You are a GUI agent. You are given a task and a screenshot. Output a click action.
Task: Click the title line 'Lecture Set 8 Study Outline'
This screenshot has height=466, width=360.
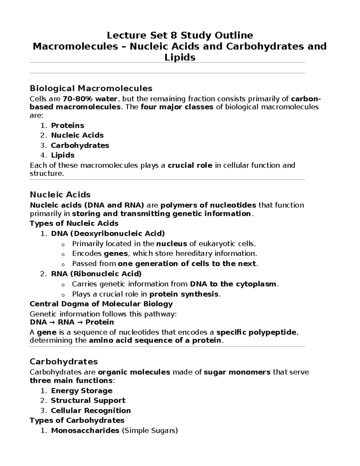(180, 35)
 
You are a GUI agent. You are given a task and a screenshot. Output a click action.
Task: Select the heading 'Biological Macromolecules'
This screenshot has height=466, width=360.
(91, 88)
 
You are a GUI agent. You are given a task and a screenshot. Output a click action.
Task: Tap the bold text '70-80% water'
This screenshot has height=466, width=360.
(90, 99)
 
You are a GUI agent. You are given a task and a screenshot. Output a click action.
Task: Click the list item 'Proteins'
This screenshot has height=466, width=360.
(67, 125)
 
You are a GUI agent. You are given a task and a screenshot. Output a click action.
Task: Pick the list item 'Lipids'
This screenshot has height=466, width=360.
(63, 155)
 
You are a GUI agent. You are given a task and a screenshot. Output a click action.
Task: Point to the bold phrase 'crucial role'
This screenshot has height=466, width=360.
(190, 165)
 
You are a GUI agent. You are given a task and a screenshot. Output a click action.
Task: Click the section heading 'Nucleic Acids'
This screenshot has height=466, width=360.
(60, 195)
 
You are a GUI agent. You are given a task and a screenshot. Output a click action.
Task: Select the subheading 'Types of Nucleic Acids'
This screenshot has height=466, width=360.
(74, 223)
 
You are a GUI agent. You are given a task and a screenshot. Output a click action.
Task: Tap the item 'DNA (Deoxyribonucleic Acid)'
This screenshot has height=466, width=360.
(108, 233)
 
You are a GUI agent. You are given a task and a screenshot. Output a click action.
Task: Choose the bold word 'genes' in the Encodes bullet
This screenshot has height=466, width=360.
(116, 254)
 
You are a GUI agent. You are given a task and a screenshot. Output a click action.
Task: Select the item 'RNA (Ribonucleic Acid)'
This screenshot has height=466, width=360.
(96, 274)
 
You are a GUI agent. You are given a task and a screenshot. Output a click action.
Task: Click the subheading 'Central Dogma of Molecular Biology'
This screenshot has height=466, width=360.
(101, 304)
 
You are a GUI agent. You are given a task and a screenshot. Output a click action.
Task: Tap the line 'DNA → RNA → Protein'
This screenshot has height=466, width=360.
(72, 322)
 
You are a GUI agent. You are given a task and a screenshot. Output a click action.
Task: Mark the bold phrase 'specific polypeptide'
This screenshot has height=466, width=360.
(256, 332)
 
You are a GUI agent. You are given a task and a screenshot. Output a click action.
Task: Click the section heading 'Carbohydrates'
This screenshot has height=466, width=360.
(64, 361)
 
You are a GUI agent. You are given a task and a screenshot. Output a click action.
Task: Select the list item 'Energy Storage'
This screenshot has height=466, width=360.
(82, 391)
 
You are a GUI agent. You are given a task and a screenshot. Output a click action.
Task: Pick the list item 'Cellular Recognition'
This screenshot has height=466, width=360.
(91, 410)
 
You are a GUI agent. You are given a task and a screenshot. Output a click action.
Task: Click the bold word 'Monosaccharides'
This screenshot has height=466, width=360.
(85, 431)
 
